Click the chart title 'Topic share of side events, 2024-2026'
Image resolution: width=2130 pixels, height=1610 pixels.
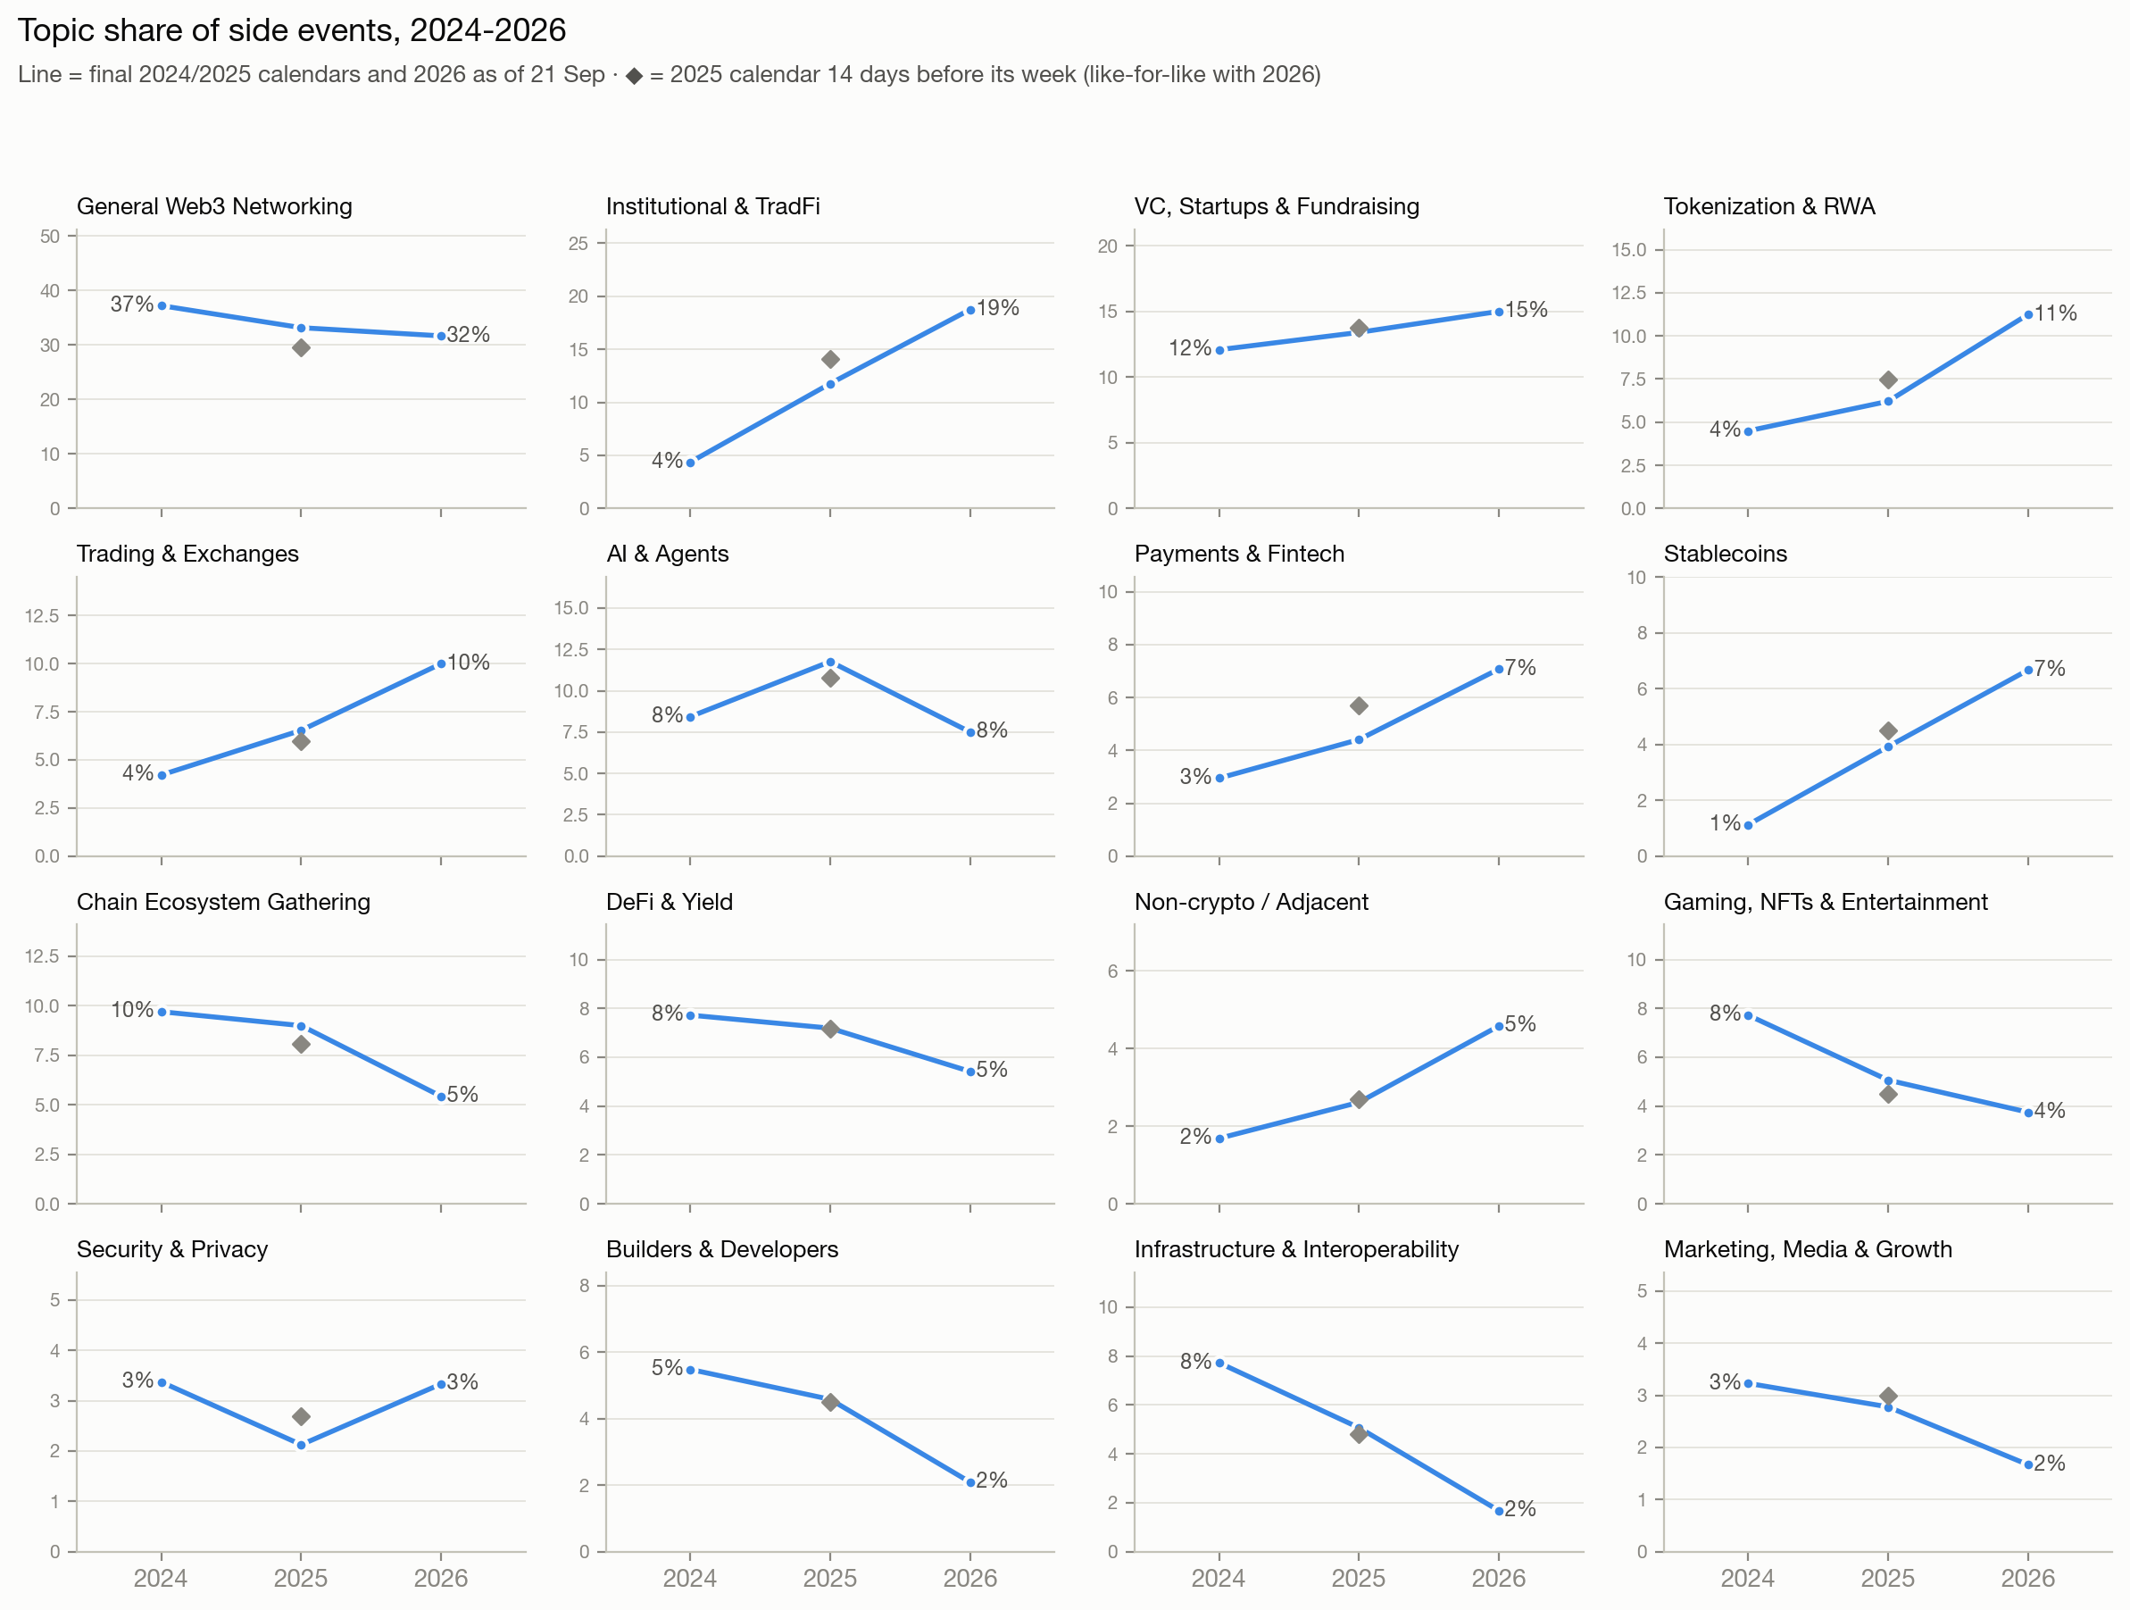click(x=292, y=31)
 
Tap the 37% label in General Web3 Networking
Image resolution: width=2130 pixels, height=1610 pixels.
click(x=132, y=304)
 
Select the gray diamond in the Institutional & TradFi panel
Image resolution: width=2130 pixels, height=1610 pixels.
click(x=830, y=359)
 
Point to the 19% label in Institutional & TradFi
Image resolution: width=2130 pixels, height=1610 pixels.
click(x=997, y=308)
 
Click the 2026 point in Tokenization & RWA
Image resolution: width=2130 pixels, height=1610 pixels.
click(x=2028, y=315)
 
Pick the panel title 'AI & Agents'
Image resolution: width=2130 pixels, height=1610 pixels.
click(x=668, y=554)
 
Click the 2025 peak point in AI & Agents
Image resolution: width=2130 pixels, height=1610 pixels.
click(x=830, y=663)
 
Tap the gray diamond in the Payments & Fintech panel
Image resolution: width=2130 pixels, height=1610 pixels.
click(x=1359, y=705)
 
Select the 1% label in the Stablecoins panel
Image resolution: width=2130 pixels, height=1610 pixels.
click(x=1725, y=823)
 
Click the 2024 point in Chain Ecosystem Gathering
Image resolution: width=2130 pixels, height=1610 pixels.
click(x=162, y=1012)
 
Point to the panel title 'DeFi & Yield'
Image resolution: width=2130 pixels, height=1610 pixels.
click(x=670, y=902)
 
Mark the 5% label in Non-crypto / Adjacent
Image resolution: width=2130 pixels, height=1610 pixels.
click(x=1520, y=1024)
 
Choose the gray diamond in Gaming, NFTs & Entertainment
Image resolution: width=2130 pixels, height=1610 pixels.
click(x=1888, y=1094)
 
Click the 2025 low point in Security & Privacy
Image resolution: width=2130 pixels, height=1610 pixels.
click(x=302, y=1445)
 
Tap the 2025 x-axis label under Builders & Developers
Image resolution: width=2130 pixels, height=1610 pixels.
click(x=830, y=1578)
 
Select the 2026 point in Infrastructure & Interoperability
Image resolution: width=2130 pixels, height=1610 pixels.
click(x=1499, y=1511)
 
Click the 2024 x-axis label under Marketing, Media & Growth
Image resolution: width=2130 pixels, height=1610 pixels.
click(x=1748, y=1578)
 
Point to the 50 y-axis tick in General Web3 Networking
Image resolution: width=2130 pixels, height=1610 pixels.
click(x=50, y=236)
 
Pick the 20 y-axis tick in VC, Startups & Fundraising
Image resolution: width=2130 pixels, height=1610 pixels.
click(x=1107, y=246)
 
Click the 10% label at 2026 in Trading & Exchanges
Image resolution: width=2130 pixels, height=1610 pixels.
click(x=469, y=663)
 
